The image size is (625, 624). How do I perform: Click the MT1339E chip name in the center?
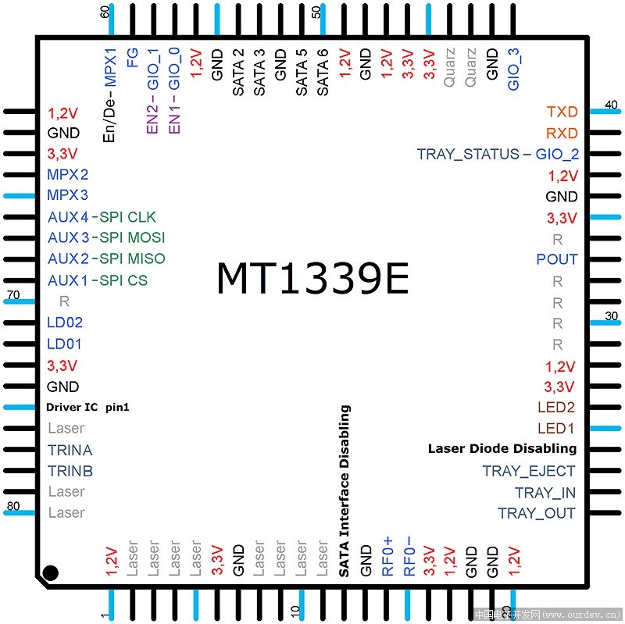point(313,278)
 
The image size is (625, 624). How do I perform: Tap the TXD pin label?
point(562,112)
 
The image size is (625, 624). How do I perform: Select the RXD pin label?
point(562,133)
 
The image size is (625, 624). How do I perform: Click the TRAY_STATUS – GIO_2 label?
point(498,154)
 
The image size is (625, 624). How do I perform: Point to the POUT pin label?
point(557,259)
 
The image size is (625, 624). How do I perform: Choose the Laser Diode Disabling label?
point(502,449)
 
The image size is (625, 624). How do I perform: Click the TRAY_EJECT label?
point(529,471)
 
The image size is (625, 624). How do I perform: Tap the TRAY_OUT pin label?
point(537,513)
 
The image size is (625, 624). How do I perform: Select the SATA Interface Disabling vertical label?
point(345,491)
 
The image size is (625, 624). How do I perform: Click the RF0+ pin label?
point(387,557)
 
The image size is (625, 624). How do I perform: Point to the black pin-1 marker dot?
point(50,573)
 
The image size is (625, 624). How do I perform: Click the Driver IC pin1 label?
point(87,407)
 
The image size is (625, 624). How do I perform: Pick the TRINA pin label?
point(70,451)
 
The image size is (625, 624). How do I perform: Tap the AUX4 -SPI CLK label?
point(102,217)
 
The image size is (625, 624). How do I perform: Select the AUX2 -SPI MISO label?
point(106,259)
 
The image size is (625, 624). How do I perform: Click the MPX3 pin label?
point(67,194)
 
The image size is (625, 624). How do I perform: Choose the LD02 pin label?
point(65,323)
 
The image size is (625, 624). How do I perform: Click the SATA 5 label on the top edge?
point(302,73)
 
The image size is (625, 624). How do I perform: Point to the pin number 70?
point(13,295)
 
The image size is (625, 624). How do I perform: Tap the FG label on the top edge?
point(132,58)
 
